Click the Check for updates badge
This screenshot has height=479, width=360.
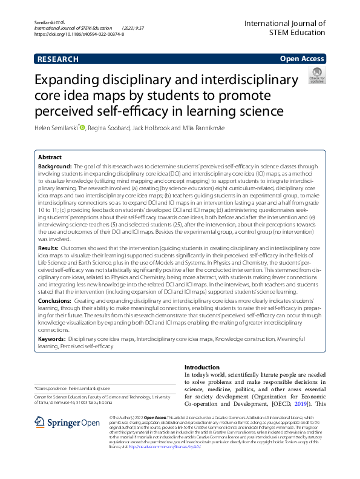(x=316, y=76)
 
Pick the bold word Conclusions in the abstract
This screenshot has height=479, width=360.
(x=54, y=301)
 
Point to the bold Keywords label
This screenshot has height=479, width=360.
(x=52, y=340)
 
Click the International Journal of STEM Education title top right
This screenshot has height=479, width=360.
(x=284, y=28)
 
